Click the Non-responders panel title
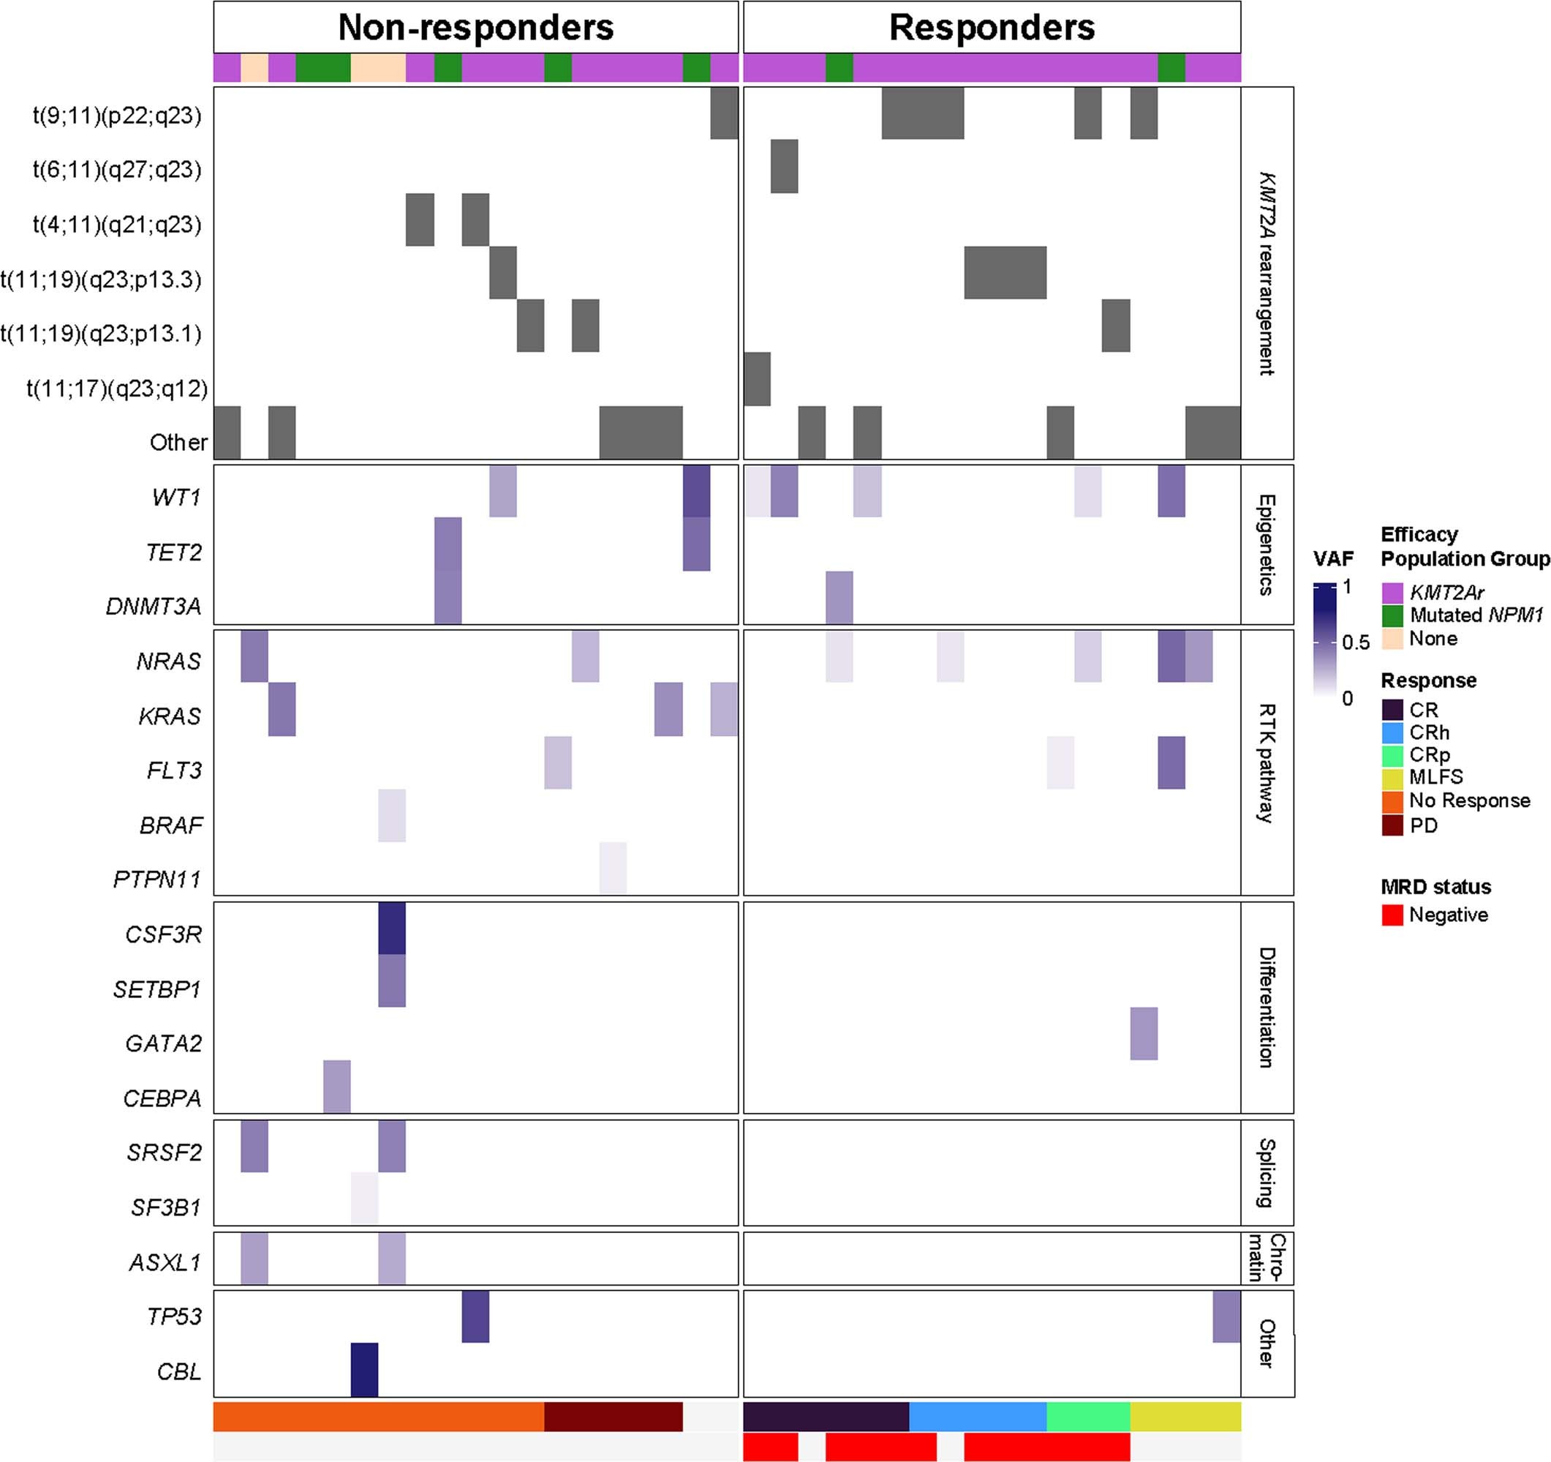[475, 28]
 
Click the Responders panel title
[991, 28]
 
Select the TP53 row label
[175, 1317]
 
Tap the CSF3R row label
[163, 934]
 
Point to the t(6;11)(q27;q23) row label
[117, 169]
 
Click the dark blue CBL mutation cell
[364, 1370]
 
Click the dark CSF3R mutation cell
[392, 929]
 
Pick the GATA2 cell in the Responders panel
[1144, 1033]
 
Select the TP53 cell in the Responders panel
[1226, 1316]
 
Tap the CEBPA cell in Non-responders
[337, 1087]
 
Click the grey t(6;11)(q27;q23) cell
[784, 166]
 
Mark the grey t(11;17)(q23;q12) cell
[757, 379]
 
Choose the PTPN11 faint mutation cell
[613, 868]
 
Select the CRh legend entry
[1427, 733]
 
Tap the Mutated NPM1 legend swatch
[1392, 616]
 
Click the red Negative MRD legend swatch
[1392, 915]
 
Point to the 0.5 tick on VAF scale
[1355, 642]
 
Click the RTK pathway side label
[1267, 762]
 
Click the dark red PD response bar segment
[613, 1417]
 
